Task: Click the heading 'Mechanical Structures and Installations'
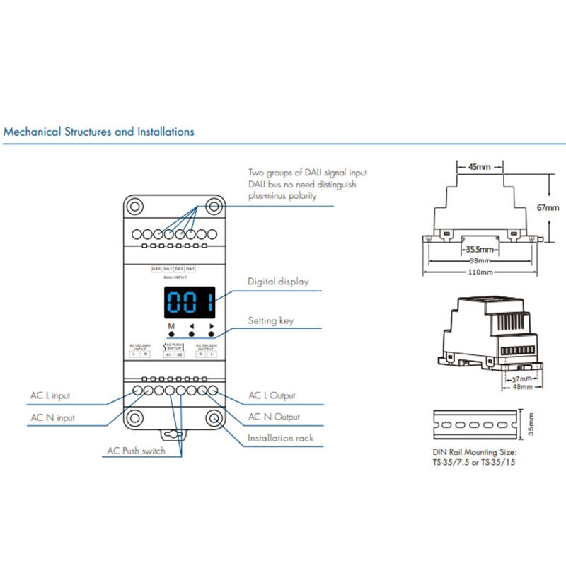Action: [99, 132]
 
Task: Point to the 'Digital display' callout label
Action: [278, 282]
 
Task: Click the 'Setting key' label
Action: [271, 321]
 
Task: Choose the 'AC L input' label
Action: [50, 395]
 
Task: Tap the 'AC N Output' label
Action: [275, 417]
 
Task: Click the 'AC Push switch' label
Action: [136, 451]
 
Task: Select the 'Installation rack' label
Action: [280, 438]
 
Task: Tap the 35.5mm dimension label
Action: [479, 248]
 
